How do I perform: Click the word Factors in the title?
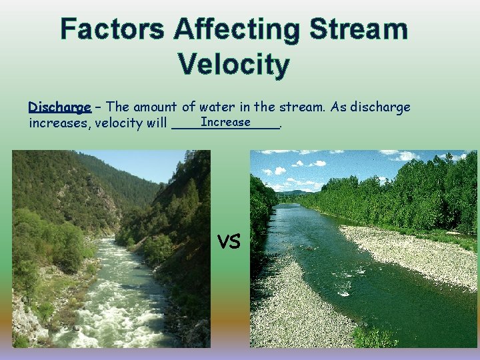pyautogui.click(x=112, y=29)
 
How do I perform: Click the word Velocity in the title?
pyautogui.click(x=233, y=65)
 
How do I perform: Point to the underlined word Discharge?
pyautogui.click(x=59, y=107)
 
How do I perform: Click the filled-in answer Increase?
pyautogui.click(x=225, y=122)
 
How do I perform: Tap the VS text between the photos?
pyautogui.click(x=229, y=242)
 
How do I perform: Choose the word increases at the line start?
pyautogui.click(x=59, y=123)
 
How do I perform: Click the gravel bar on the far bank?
pyautogui.click(x=407, y=253)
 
